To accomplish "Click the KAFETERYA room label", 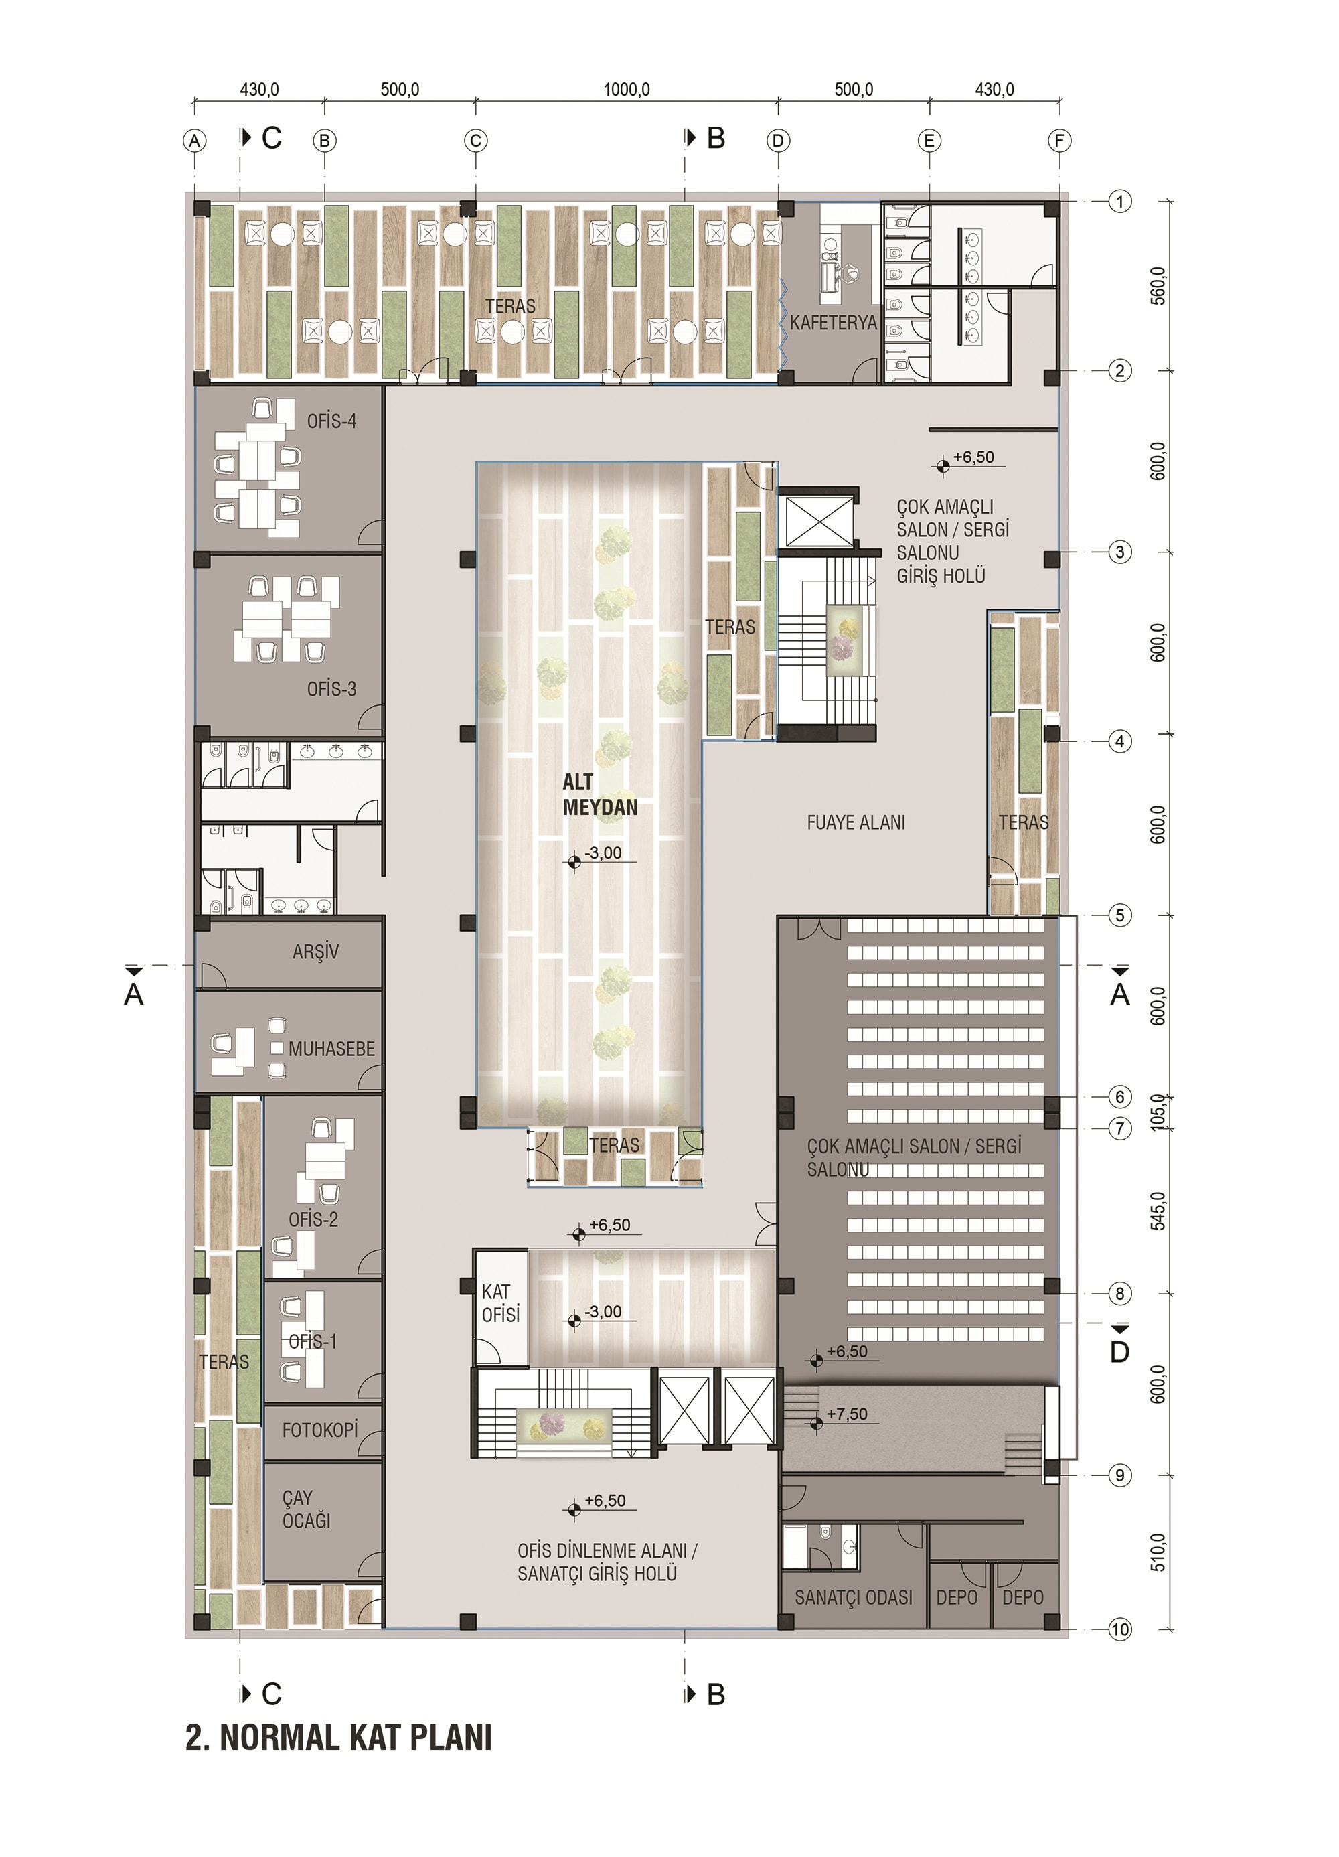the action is pos(832,323).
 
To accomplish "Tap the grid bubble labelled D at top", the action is pos(777,141).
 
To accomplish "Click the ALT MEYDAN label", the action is pos(599,794).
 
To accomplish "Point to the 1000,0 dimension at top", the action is pos(627,89).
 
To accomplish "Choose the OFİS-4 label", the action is pos(331,422).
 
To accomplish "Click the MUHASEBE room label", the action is pos(331,1049).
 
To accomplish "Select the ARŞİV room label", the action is pos(315,952).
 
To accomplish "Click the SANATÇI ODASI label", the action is pos(853,1597).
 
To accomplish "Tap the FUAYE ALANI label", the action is pos(856,822).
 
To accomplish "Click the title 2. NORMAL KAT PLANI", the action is pos(339,1737).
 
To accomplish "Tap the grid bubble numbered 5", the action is pos(1119,915).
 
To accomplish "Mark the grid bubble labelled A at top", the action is pos(194,141).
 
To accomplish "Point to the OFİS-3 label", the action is pos(331,689).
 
